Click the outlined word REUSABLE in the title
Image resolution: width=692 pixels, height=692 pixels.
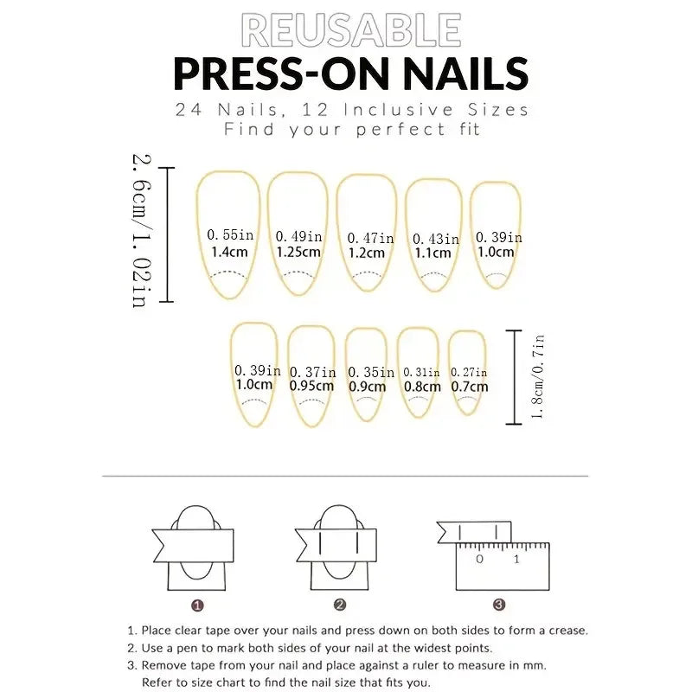pos(350,30)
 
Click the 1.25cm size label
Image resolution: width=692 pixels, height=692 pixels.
pos(298,253)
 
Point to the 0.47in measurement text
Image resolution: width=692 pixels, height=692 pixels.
pos(371,238)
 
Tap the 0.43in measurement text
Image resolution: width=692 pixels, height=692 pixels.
pos(435,239)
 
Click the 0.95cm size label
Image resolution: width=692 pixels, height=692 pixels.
pos(311,387)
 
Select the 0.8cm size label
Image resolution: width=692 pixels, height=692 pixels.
pos(422,387)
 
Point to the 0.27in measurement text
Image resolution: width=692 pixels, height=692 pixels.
pos(469,372)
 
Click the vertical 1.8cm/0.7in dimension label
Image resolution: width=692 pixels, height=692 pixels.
pos(538,376)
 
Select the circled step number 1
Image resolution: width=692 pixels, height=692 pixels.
pos(197,605)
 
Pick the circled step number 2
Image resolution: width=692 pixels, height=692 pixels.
pos(340,605)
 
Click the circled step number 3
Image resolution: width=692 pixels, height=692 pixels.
pos(499,605)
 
